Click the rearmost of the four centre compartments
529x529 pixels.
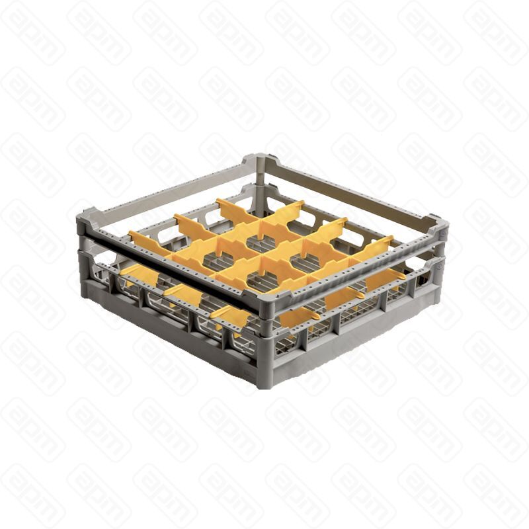(263, 229)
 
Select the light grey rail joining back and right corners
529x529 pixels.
(350, 188)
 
